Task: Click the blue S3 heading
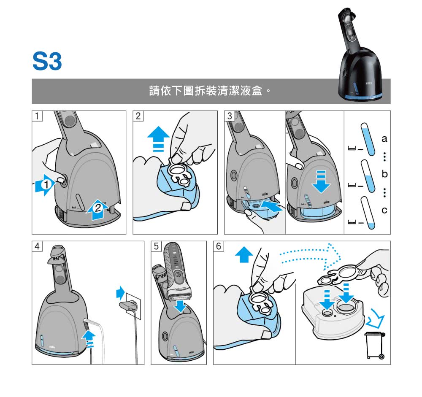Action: (x=47, y=62)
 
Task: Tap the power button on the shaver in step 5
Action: (x=178, y=274)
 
